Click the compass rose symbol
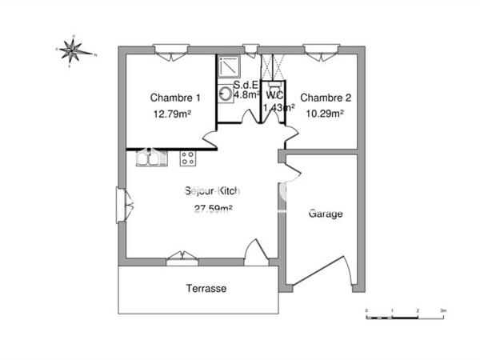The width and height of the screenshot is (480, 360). (x=74, y=51)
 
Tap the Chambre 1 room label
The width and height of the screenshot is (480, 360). (x=175, y=98)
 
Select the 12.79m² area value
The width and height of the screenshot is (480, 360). (x=172, y=114)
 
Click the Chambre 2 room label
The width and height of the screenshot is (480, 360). (x=326, y=98)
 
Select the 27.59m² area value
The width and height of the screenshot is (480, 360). (x=213, y=209)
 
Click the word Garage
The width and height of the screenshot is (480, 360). (x=326, y=214)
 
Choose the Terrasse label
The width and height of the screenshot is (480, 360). (x=206, y=288)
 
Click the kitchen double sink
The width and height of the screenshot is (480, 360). (x=150, y=159)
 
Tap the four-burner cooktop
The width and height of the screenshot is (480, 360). (x=189, y=158)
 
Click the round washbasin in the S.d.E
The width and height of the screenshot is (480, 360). (x=226, y=94)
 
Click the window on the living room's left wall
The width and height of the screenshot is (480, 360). (x=122, y=205)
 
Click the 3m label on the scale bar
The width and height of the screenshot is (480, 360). (x=442, y=309)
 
